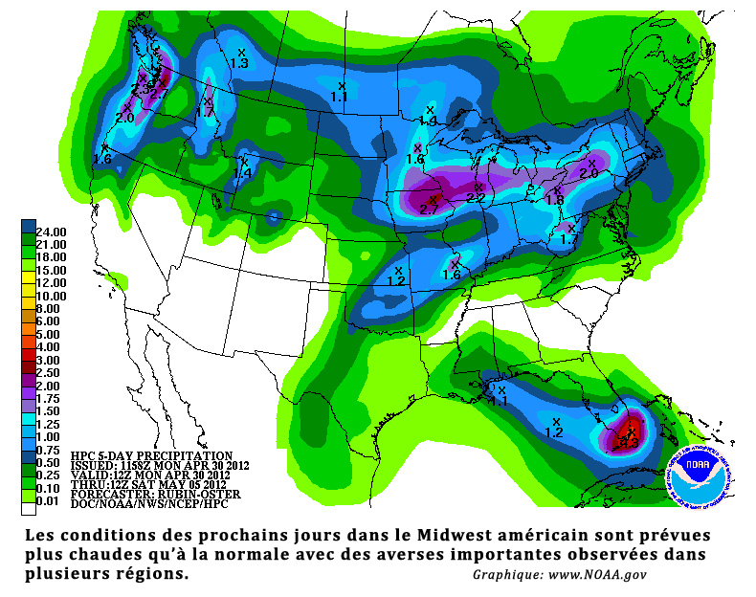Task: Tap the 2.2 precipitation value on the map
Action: point(476,198)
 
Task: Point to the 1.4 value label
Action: point(243,173)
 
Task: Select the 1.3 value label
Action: point(239,63)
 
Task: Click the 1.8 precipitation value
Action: point(554,199)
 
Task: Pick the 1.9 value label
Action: point(430,122)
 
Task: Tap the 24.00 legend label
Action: point(50,232)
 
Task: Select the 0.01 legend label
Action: point(50,501)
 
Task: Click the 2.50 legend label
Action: point(50,373)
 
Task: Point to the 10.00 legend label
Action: point(50,297)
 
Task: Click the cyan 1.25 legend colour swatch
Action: point(29,424)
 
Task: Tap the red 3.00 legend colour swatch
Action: point(29,360)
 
